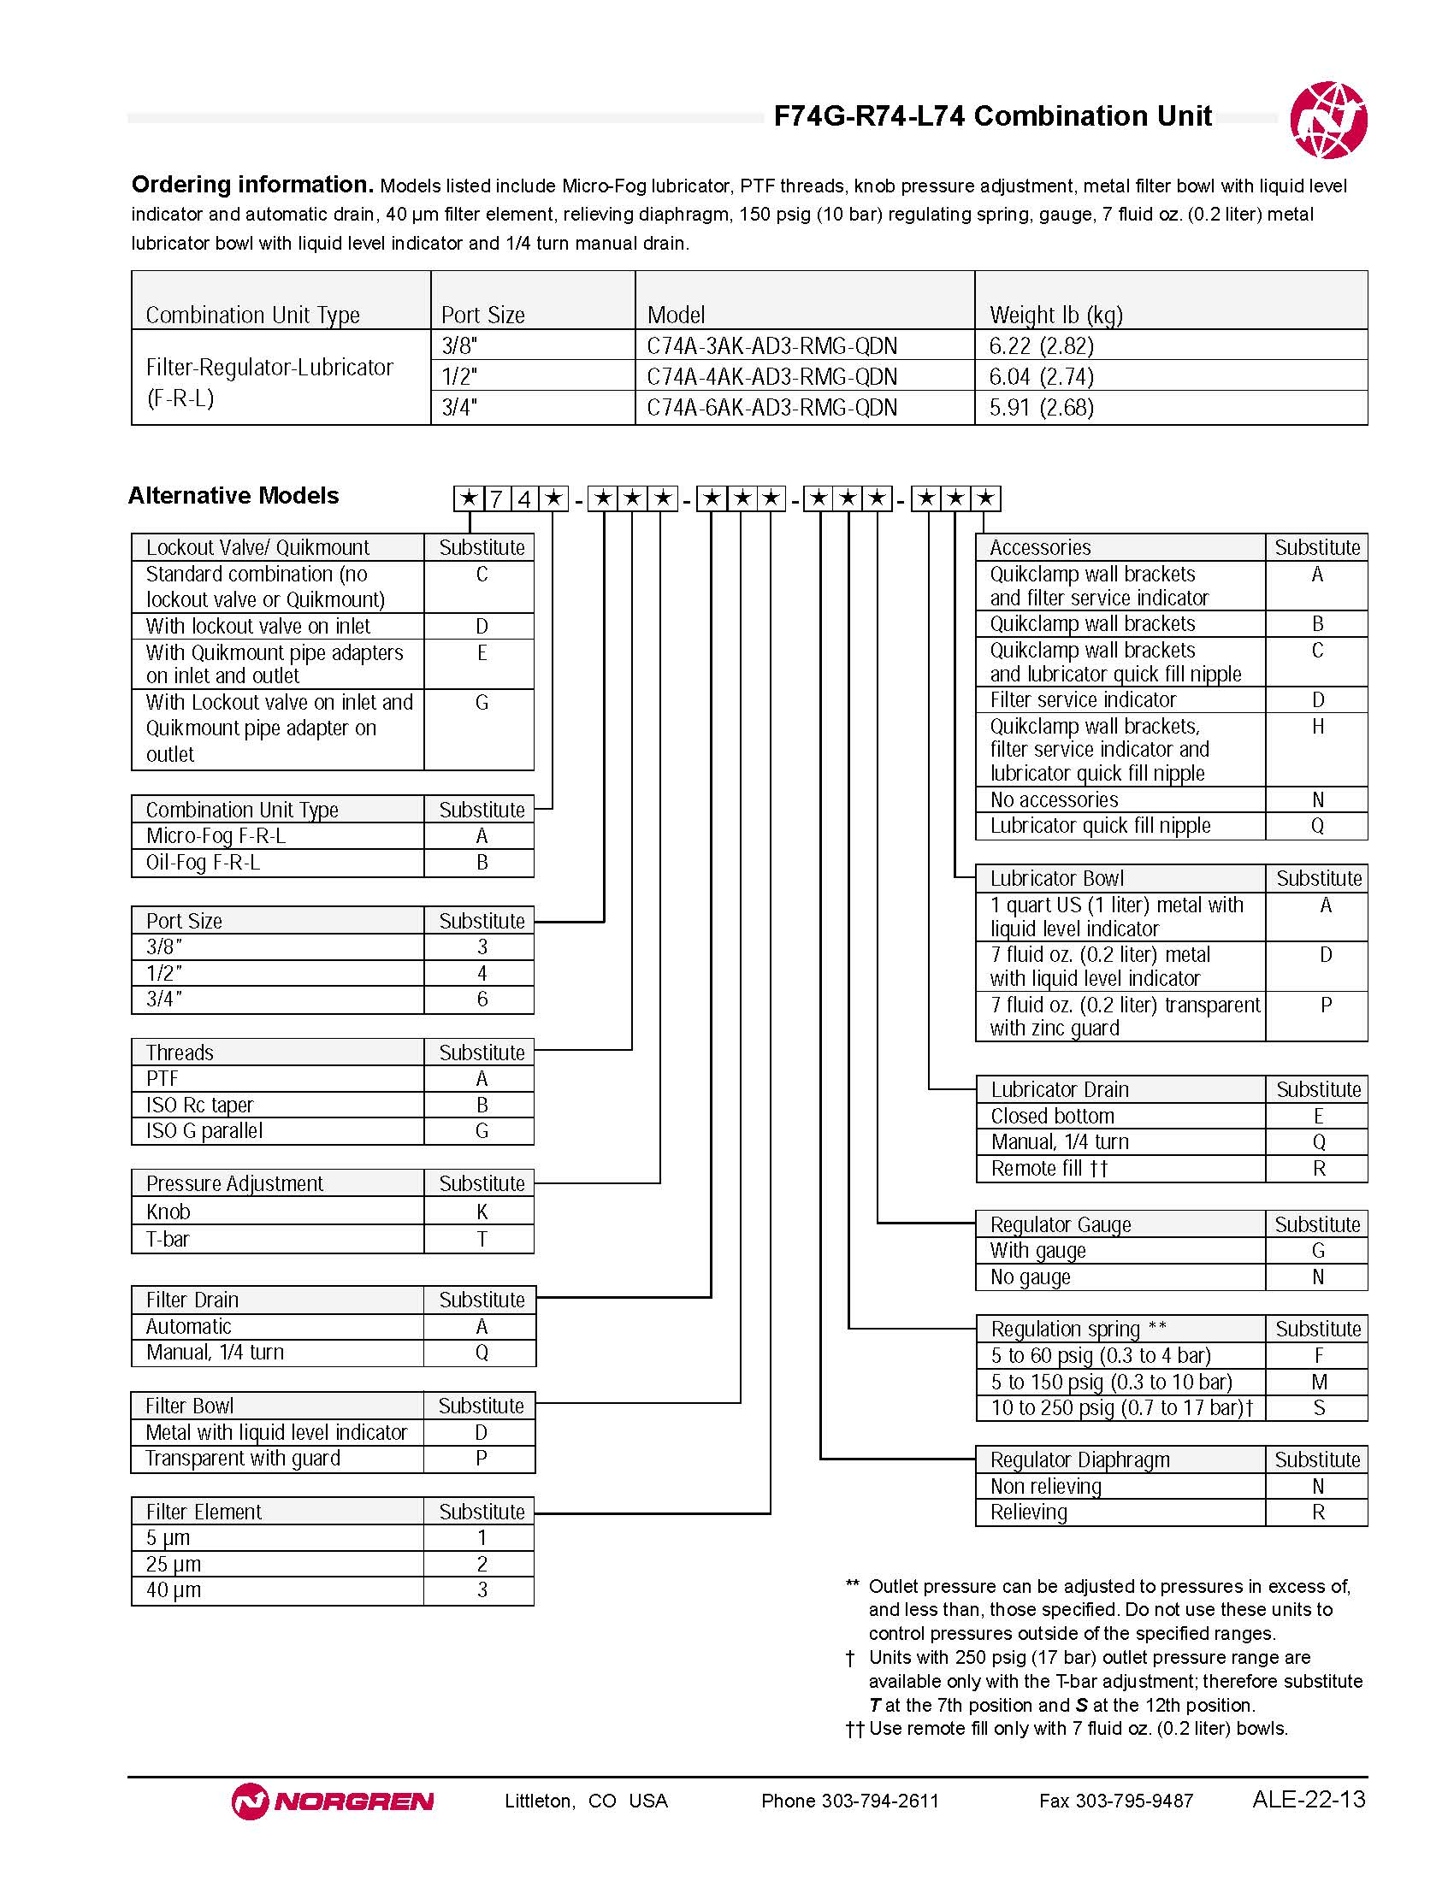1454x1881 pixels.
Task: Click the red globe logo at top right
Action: [x=1327, y=120]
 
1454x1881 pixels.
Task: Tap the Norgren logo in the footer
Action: [x=333, y=1801]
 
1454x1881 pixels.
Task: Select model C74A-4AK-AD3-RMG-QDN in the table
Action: [x=771, y=376]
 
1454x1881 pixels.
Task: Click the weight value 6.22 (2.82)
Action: [x=1042, y=346]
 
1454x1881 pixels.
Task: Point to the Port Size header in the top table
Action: [x=482, y=315]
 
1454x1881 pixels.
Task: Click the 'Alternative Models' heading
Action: [x=233, y=496]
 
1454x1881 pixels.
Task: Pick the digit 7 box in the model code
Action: [x=496, y=498]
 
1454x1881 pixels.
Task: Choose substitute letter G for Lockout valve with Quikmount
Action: [x=482, y=703]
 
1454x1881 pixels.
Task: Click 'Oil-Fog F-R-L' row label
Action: [x=204, y=862]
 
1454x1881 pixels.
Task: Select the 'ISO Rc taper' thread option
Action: [x=200, y=1105]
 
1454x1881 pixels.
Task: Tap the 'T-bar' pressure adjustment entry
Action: [x=167, y=1240]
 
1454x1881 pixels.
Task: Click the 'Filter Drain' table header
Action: [x=192, y=1300]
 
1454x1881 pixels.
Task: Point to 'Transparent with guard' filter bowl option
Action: [x=243, y=1458]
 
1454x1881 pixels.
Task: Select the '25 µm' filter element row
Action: [x=173, y=1564]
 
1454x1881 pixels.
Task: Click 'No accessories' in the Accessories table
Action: [x=1054, y=799]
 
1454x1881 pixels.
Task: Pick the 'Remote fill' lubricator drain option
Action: [x=1049, y=1168]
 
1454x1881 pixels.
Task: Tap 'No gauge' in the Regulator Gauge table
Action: [x=1031, y=1277]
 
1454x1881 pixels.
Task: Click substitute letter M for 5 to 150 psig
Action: [x=1318, y=1382]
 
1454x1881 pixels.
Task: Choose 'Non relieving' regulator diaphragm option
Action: [x=1046, y=1486]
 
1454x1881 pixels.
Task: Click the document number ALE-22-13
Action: [x=1309, y=1799]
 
